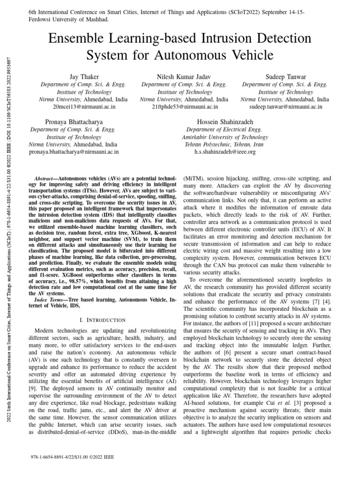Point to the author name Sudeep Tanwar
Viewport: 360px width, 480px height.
pos(285,76)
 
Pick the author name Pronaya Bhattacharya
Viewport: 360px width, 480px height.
pos(74,122)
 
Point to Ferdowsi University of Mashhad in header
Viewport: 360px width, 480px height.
pos(69,19)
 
